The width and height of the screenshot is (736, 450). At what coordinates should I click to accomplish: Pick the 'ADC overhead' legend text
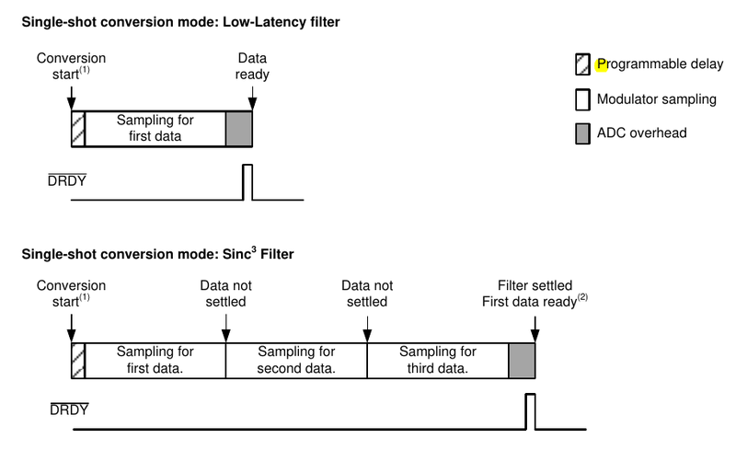tap(642, 133)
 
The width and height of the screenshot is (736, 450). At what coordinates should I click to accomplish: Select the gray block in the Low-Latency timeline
tap(238, 129)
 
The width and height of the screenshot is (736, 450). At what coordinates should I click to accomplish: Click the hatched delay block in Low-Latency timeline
tap(78, 129)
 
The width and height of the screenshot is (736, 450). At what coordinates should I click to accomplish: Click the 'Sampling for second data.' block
tap(296, 360)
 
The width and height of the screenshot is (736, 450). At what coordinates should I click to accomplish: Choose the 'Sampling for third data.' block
tap(437, 360)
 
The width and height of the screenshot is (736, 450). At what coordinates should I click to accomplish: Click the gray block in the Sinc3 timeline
tap(521, 360)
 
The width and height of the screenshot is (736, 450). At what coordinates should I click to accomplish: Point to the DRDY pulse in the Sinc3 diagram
tap(530, 410)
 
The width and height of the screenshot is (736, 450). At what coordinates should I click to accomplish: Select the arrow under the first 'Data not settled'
tap(226, 327)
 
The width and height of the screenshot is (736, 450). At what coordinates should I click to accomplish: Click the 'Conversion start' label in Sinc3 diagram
tap(71, 294)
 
